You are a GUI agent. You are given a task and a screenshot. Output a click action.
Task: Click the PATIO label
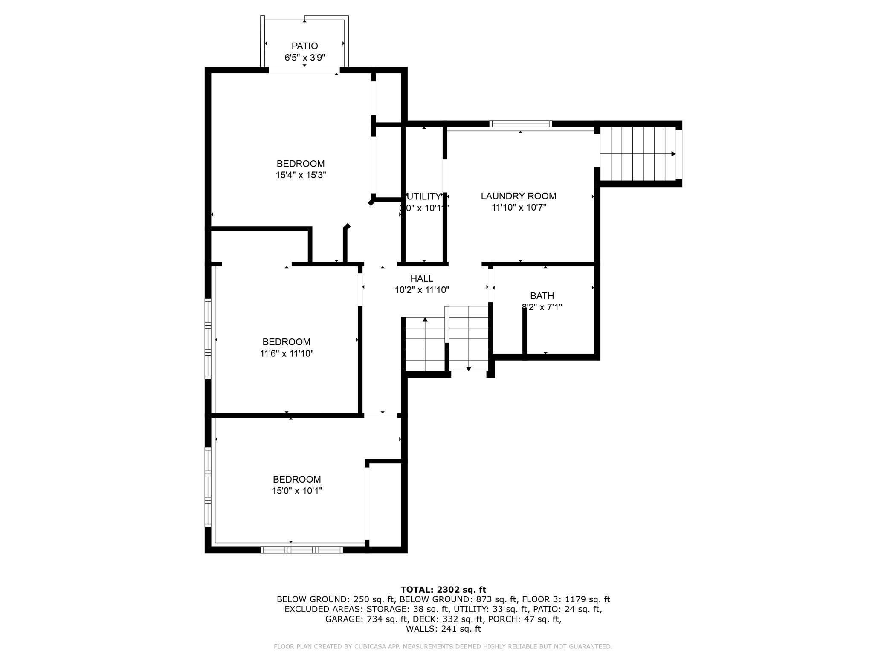point(304,46)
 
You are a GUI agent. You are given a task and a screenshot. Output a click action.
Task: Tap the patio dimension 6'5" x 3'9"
point(304,58)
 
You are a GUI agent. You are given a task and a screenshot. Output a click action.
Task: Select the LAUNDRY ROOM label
point(519,196)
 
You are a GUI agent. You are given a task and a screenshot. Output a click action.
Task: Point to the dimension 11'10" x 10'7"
point(519,208)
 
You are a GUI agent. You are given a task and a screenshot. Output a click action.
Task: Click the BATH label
point(542,296)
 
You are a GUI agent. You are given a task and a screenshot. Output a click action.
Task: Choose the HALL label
point(422,279)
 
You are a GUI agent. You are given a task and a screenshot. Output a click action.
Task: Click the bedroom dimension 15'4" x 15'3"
point(301,175)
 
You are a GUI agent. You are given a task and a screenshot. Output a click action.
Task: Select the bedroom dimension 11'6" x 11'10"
point(287,353)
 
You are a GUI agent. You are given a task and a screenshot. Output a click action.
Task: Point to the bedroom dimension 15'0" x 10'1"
point(297,491)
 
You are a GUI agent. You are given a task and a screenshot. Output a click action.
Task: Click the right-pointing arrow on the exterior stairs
point(673,154)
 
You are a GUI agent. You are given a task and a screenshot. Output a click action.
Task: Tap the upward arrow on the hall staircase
point(425,319)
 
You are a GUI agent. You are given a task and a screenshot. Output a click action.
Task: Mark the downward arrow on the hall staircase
point(468,369)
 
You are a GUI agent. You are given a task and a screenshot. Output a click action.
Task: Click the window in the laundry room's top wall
point(520,124)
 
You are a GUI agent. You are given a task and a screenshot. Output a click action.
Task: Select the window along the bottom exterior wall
point(301,550)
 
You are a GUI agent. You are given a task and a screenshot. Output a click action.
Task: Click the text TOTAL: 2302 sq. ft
point(443,590)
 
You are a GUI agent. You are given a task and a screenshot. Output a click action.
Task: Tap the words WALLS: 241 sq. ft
point(443,629)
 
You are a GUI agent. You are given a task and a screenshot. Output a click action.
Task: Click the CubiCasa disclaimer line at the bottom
point(443,647)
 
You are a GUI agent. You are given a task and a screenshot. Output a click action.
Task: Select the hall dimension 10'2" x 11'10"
point(422,290)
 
